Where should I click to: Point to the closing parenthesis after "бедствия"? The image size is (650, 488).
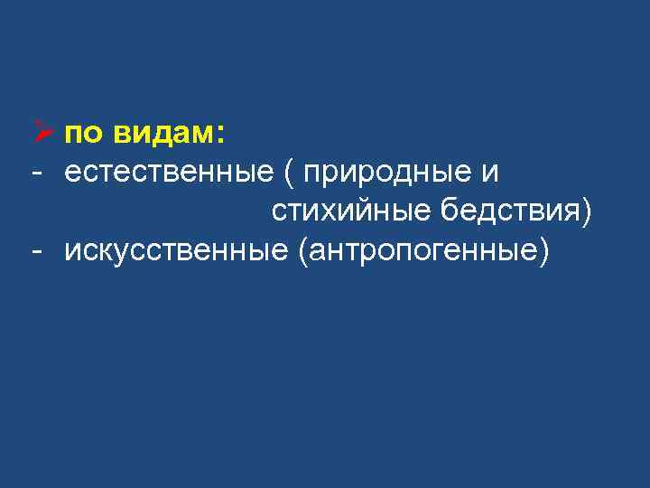[x=588, y=211]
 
